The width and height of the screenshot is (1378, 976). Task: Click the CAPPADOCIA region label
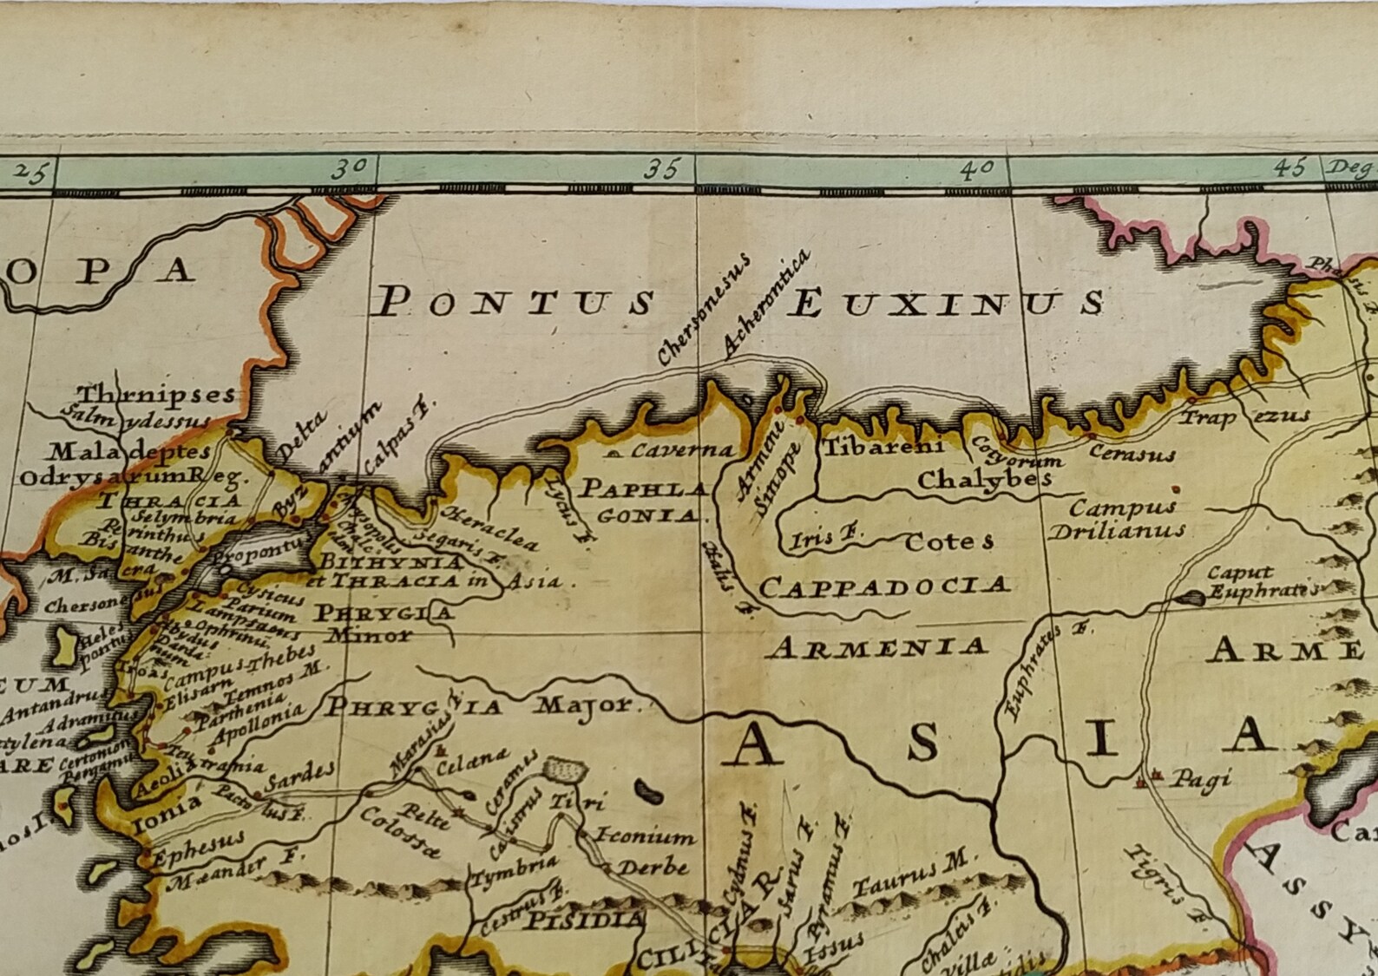coord(884,587)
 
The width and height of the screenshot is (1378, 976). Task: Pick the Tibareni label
coord(882,447)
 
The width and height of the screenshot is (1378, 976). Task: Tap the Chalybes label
coord(984,478)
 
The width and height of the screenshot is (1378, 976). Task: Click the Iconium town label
coord(644,836)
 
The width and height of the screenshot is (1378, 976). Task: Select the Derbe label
coord(653,867)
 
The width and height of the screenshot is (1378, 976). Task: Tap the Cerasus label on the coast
coord(1132,453)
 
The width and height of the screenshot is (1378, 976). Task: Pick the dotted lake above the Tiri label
coord(566,770)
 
